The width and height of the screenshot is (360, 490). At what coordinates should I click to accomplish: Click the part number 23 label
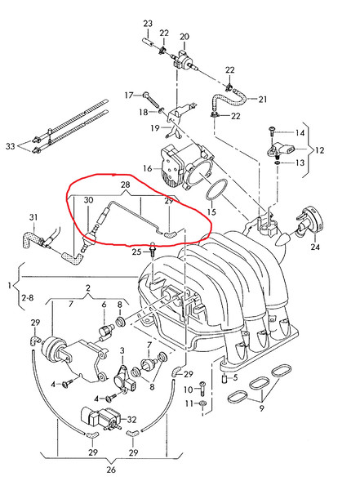[148, 24]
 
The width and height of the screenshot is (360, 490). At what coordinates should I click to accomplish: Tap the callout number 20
[184, 37]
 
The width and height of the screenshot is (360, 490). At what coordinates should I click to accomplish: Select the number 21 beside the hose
[263, 100]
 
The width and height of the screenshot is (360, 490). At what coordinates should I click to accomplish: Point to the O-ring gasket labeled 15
[216, 190]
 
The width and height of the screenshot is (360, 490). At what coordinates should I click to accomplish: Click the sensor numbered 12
[281, 150]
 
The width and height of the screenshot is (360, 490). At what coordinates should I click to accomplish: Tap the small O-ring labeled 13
[278, 163]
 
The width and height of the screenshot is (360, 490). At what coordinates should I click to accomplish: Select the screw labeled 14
[271, 131]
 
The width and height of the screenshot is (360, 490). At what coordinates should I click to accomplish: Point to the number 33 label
[11, 146]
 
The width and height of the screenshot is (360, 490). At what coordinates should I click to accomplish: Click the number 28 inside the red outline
[126, 185]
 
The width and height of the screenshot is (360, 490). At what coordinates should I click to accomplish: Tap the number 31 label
[33, 217]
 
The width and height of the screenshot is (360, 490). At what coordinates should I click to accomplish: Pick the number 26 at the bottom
[111, 470]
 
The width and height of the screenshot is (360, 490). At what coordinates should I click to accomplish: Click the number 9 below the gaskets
[262, 408]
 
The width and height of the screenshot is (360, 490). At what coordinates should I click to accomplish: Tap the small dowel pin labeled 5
[224, 378]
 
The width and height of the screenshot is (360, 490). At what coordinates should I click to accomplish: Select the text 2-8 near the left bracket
[28, 298]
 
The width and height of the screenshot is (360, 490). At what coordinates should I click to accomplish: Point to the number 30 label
[88, 200]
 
